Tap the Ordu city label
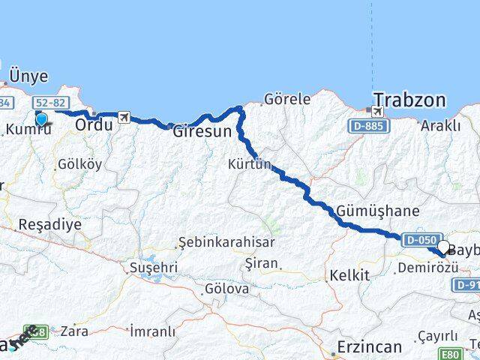coord(94,125)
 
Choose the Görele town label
coord(287,98)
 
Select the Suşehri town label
coord(153,267)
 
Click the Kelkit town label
coord(349,275)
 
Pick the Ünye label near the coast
coord(28,76)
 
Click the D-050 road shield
coord(420,240)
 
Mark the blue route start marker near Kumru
coord(41,118)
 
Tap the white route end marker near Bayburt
coord(443,247)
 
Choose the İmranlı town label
coord(152,331)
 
